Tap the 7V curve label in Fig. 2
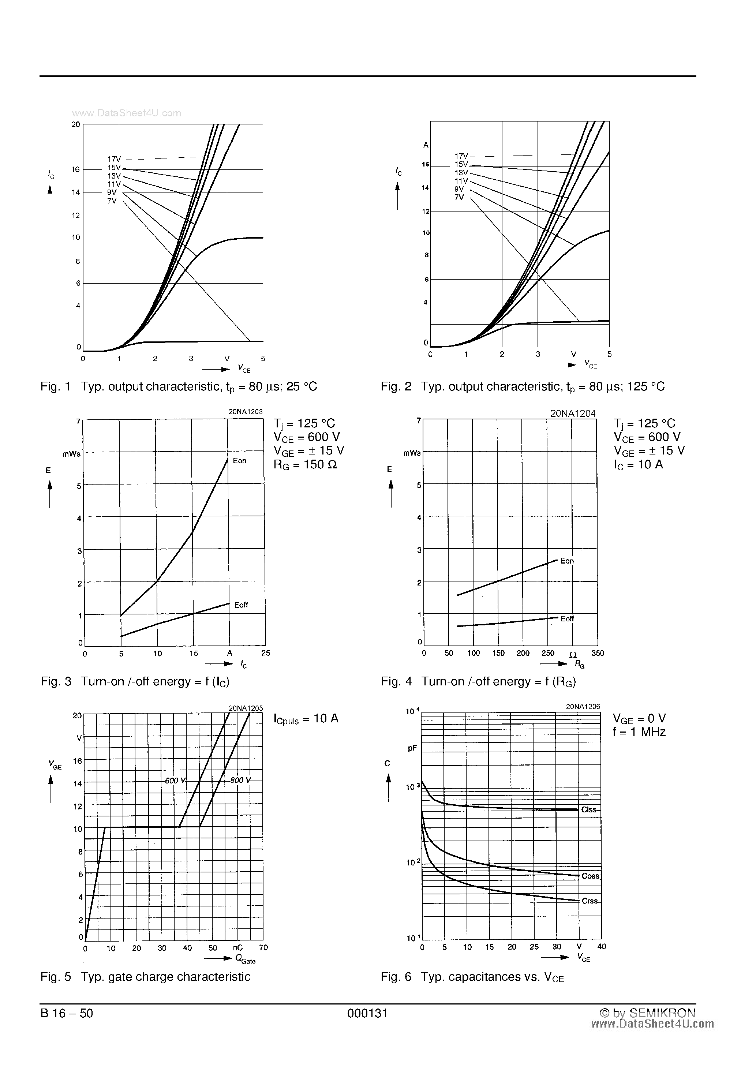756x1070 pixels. [x=459, y=198]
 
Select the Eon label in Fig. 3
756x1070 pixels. [x=240, y=461]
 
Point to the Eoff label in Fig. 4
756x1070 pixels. [x=567, y=619]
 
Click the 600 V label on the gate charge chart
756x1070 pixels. [x=175, y=781]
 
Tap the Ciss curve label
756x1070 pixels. [x=589, y=810]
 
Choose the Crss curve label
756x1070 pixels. [x=590, y=901]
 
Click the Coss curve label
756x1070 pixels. [x=591, y=876]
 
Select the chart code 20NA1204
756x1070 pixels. [x=572, y=414]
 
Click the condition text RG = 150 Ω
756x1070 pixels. [x=305, y=465]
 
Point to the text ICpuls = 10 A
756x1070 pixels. [x=306, y=719]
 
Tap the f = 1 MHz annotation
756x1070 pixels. [x=639, y=732]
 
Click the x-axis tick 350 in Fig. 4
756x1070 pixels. [x=598, y=653]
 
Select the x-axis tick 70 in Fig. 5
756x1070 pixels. [x=263, y=948]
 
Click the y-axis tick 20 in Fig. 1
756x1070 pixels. [x=75, y=124]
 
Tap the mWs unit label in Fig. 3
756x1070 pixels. [x=71, y=454]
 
